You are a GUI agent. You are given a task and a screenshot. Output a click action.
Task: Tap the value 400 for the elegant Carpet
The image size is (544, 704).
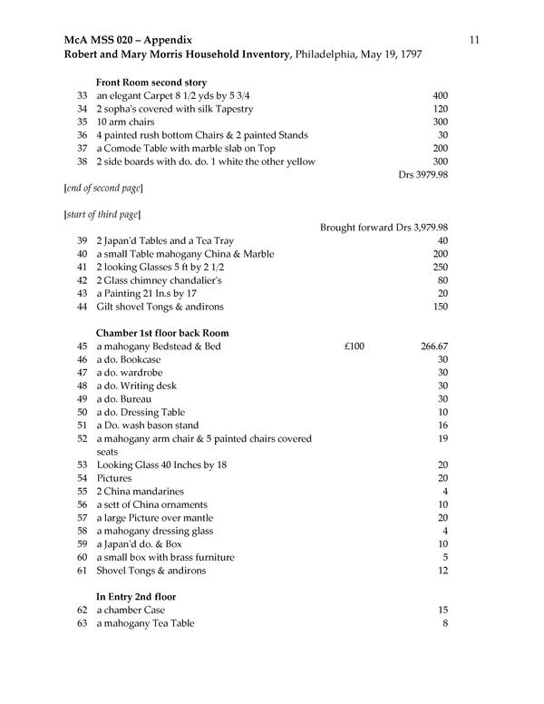tap(440, 96)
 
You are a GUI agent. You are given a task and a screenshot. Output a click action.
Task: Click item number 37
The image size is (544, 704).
tap(83, 148)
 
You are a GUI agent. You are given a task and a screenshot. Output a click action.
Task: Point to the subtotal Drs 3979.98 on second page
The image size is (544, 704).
tap(423, 174)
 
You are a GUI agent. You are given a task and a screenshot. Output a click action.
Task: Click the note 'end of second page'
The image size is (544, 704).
tap(103, 188)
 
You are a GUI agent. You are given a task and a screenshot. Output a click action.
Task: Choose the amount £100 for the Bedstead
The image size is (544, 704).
tap(359, 347)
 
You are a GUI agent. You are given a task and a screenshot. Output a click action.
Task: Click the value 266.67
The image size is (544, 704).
tap(431, 347)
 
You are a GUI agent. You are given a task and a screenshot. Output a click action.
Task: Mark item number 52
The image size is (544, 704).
tap(83, 439)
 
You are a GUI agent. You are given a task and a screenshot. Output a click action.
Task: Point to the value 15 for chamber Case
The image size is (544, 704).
tap(442, 611)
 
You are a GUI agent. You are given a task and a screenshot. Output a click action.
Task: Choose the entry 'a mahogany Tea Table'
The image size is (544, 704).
tap(145, 624)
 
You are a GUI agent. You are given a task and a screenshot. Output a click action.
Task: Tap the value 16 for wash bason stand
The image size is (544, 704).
tap(442, 425)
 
